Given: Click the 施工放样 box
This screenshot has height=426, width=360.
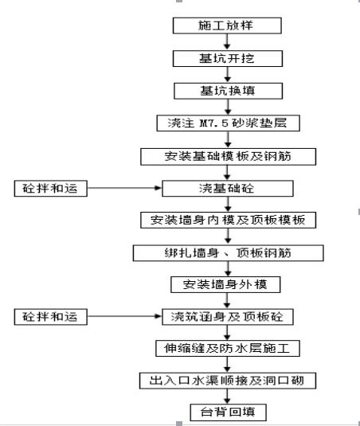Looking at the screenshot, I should coord(228,25).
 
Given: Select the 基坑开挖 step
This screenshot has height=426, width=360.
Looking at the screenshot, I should coord(228,58).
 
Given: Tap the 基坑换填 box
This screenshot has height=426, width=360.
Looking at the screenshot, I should coord(228,90).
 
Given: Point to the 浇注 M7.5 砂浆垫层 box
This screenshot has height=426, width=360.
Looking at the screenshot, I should coord(228,123).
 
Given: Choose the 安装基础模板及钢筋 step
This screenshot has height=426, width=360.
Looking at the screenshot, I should coord(228,156).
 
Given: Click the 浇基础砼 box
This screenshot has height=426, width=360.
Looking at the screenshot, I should coord(228,188).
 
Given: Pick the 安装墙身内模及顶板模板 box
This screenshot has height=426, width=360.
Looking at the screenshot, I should coord(228,220).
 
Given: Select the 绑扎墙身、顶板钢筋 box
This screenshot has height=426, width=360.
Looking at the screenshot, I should coord(228,252).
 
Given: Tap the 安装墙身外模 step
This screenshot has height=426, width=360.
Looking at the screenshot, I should coord(228,284).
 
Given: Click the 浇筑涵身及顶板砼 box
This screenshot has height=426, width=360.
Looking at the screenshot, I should coord(228,317).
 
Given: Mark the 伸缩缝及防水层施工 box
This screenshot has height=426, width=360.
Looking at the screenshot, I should coord(228,349).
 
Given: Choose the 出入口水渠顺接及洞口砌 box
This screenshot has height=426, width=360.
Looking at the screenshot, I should coord(228,381).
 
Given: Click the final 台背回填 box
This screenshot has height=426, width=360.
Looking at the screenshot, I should coord(228,412).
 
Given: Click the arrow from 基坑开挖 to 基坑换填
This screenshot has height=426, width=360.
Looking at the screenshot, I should coord(228,74).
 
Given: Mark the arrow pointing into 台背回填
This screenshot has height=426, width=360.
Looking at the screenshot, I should coord(228,397).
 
